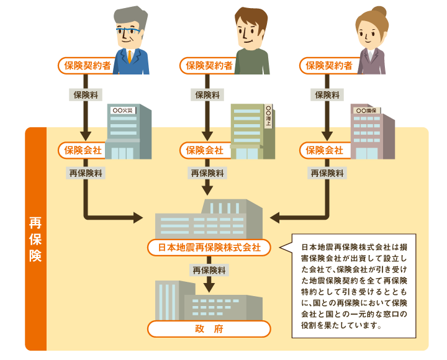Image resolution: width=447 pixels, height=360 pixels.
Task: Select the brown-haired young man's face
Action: (x=252, y=34)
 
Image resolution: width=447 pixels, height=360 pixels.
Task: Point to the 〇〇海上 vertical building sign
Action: (x=268, y=117)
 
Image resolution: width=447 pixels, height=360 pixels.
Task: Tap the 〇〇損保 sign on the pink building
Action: (x=368, y=110)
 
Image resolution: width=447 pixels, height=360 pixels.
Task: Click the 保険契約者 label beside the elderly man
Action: (x=88, y=65)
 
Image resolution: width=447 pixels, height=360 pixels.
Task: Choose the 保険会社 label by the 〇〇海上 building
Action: (x=205, y=150)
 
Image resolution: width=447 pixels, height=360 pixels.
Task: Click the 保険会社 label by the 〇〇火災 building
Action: (x=83, y=150)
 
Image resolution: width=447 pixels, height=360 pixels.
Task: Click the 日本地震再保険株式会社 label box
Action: (x=209, y=248)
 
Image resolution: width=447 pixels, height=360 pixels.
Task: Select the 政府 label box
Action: (x=209, y=328)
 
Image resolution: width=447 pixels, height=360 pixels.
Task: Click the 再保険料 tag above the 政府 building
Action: (x=209, y=271)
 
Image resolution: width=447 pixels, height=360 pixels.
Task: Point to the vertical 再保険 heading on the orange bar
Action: (x=35, y=239)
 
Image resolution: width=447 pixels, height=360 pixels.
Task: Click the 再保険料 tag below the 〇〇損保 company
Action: (x=326, y=174)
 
